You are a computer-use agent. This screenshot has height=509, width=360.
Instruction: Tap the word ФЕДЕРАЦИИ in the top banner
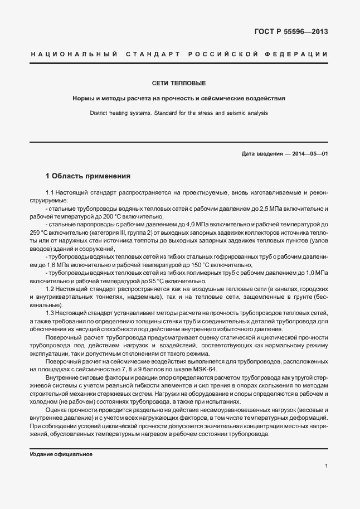click(299, 54)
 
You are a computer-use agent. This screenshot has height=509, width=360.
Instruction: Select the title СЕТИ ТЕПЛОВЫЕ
click(179, 83)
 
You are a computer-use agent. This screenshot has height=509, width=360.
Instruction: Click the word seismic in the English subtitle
click(226, 113)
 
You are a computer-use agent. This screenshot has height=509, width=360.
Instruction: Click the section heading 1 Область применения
click(88, 176)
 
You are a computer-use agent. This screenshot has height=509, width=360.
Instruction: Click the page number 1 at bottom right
click(326, 466)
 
